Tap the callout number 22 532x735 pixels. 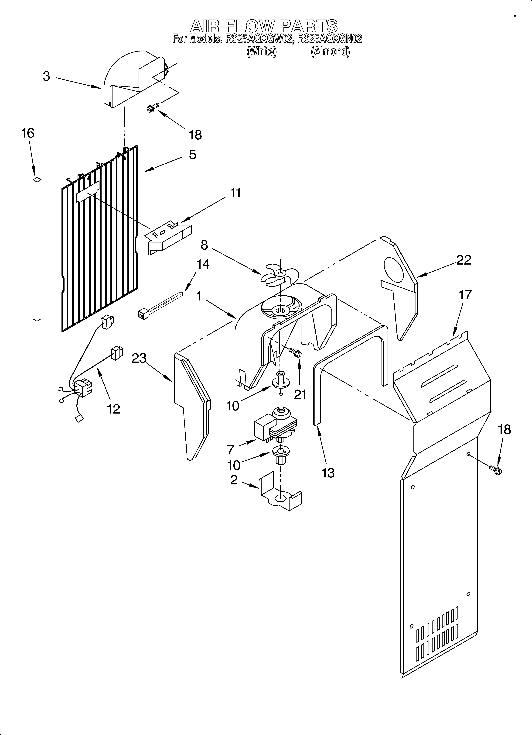tap(464, 260)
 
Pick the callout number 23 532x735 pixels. tap(139, 358)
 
